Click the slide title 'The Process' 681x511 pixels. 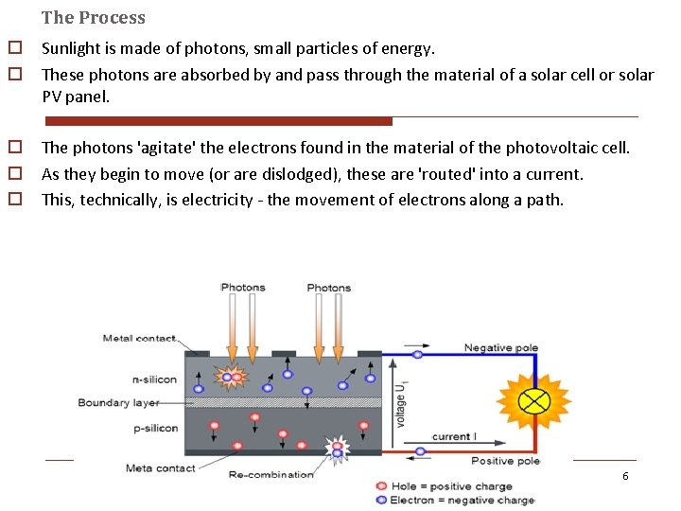(94, 17)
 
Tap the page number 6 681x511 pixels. (625, 475)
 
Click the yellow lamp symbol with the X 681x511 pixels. (534, 400)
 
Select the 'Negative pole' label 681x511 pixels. (500, 348)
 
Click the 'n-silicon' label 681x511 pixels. (154, 379)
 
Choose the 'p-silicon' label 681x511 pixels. (154, 428)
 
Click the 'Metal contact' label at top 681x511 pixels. (139, 338)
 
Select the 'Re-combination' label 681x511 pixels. (271, 474)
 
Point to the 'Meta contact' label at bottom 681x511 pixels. (162, 467)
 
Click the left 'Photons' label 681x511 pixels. (243, 287)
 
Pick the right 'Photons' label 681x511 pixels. (328, 287)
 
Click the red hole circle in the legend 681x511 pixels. (381, 486)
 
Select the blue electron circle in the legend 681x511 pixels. (381, 499)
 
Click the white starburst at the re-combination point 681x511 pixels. (337, 449)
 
